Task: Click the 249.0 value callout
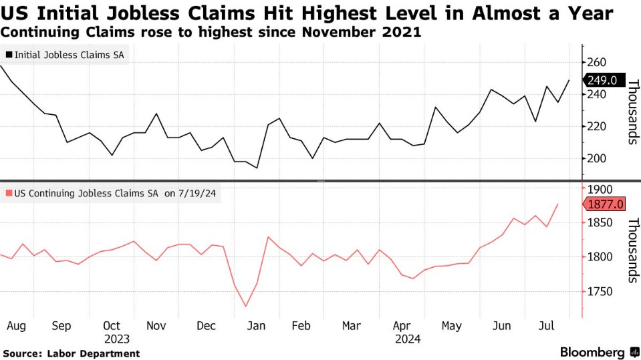(x=605, y=81)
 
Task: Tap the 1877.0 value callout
(x=605, y=204)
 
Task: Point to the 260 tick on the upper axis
(x=597, y=63)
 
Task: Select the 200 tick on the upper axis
(x=597, y=158)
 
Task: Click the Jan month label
(x=257, y=326)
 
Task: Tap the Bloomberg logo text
(x=592, y=352)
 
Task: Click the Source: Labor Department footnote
(x=71, y=353)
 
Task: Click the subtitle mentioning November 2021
(x=211, y=31)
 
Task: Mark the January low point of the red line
(x=246, y=307)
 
